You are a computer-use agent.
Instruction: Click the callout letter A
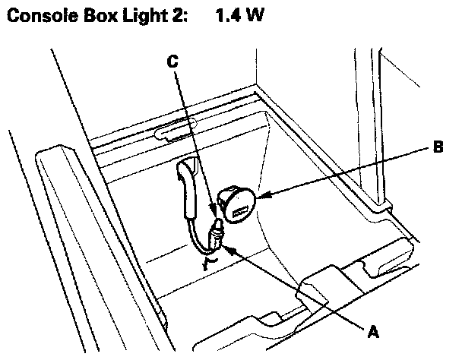point(373,330)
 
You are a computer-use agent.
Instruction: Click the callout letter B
point(437,149)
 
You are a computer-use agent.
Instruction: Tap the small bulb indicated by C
point(218,226)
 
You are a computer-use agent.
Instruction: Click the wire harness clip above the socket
point(189,178)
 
